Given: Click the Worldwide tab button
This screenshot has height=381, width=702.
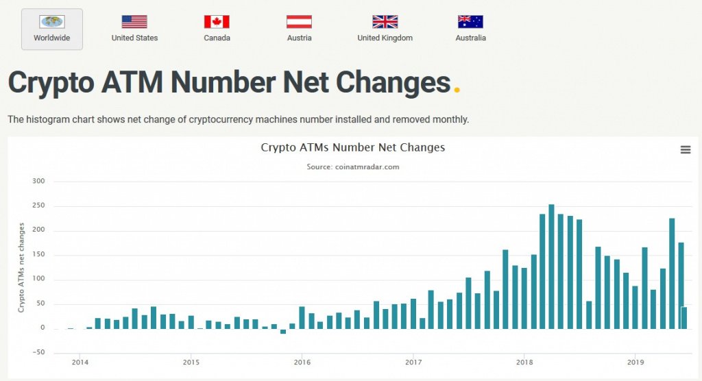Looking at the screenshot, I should pyautogui.click(x=52, y=29).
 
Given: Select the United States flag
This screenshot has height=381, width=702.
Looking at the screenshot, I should pyautogui.click(x=134, y=22).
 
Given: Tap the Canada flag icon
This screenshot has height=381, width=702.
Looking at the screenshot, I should pyautogui.click(x=217, y=22).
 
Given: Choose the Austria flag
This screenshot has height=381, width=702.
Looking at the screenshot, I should pyautogui.click(x=299, y=22).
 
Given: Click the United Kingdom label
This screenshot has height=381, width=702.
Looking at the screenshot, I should pyautogui.click(x=385, y=38).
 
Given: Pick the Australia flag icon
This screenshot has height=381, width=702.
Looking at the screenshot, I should pyautogui.click(x=470, y=22).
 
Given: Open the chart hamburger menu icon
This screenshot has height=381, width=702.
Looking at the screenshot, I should pyautogui.click(x=686, y=150).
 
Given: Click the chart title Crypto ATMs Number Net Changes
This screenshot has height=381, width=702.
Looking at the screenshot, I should pyautogui.click(x=353, y=147).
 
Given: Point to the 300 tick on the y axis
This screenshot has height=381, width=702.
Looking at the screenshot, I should pyautogui.click(x=38, y=182).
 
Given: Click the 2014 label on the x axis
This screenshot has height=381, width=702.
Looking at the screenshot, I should pyautogui.click(x=80, y=362).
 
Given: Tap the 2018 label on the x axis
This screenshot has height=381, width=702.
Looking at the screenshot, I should pyautogui.click(x=524, y=362).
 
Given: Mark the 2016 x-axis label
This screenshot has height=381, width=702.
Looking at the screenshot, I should pyautogui.click(x=302, y=362).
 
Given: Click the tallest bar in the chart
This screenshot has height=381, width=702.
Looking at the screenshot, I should pyautogui.click(x=551, y=267).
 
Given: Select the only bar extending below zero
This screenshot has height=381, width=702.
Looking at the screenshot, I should pyautogui.click(x=283, y=331).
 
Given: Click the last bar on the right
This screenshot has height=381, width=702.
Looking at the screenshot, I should pyautogui.click(x=684, y=318).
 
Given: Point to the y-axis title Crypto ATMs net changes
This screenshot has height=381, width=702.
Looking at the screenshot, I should pyautogui.click(x=21, y=267).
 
